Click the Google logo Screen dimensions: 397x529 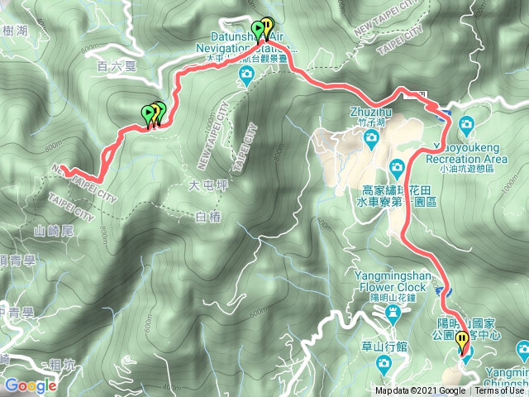31,385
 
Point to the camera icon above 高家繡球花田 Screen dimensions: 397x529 397,165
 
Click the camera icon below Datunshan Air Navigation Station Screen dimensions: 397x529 246,76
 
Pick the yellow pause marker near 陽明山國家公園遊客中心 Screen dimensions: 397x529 462,339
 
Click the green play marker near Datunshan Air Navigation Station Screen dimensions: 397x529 258,31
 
